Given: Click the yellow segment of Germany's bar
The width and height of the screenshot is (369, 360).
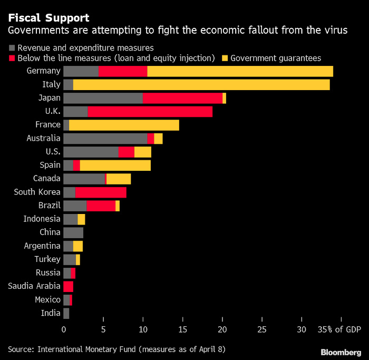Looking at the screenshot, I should click(240, 71).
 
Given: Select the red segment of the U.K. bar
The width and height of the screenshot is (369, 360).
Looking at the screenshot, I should click(150, 111).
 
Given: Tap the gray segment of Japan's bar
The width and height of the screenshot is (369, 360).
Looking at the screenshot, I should click(103, 98).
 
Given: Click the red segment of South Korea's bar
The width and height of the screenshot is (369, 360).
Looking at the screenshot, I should click(101, 192).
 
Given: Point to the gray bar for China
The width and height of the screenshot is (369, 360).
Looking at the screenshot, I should click(73, 232).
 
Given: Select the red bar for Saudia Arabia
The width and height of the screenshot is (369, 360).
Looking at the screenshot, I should click(68, 287).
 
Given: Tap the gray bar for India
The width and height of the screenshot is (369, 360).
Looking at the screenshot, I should click(66, 314).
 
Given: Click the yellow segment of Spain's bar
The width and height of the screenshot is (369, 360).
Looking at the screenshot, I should click(115, 166).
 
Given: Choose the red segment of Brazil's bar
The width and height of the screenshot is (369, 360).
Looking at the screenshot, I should click(101, 206).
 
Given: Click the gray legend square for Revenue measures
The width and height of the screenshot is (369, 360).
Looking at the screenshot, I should click(12, 48).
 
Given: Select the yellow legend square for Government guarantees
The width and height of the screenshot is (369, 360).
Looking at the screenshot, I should click(225, 58).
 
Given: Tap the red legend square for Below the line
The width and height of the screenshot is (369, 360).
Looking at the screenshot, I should click(12, 58).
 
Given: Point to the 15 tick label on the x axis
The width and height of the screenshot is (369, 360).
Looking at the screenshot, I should click(182, 330).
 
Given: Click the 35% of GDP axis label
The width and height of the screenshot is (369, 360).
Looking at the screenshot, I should click(339, 330).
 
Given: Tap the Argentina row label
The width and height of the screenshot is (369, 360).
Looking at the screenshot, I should click(42, 246).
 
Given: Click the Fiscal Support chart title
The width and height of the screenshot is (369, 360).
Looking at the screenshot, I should click(48, 18).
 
